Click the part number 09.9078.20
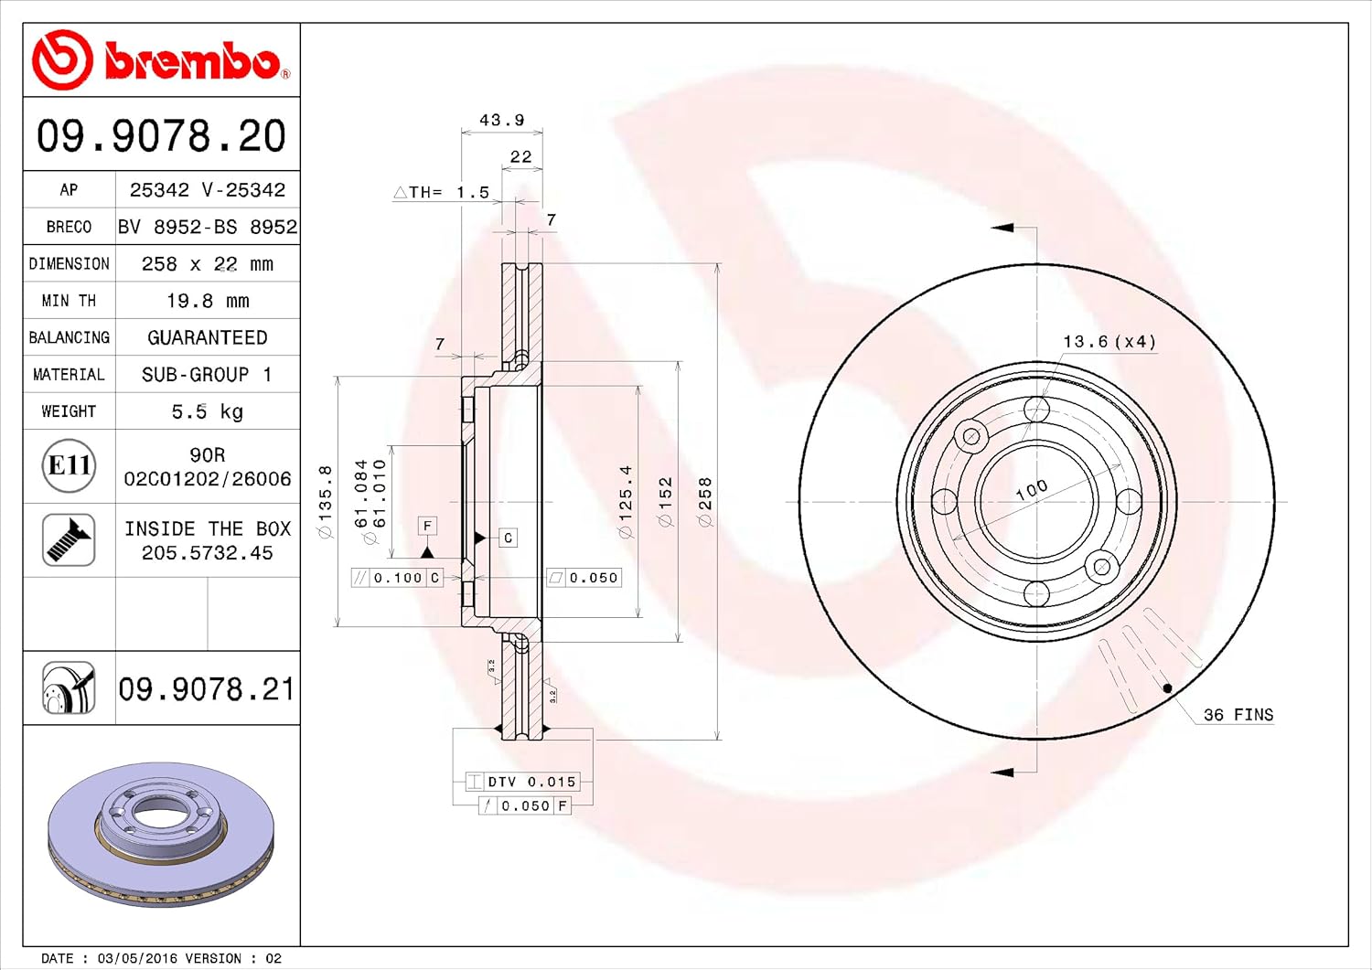161,135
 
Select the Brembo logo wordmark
192,60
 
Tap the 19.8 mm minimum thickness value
208,301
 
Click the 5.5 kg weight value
207,410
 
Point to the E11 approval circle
70,465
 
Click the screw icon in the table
69,539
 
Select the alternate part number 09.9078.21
207,689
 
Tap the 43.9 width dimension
501,120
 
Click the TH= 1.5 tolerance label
441,192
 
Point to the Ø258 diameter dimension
705,502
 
